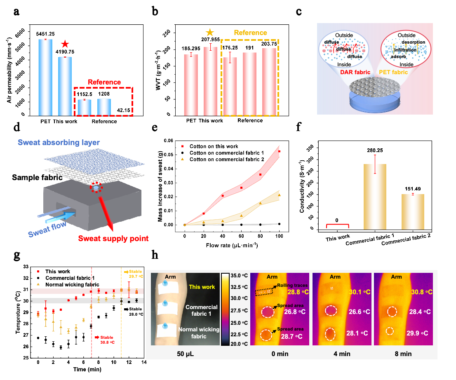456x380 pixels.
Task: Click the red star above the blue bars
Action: coord(65,44)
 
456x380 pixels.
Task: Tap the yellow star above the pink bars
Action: coord(210,33)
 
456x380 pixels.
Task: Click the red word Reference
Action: coord(104,82)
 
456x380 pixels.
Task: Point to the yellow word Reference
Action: coord(250,33)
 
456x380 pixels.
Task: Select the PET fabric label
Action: coord(393,72)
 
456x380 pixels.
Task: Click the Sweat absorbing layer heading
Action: coord(59,143)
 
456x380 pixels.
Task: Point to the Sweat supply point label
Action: coord(113,238)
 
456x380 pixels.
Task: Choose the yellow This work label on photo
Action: coord(202,287)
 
